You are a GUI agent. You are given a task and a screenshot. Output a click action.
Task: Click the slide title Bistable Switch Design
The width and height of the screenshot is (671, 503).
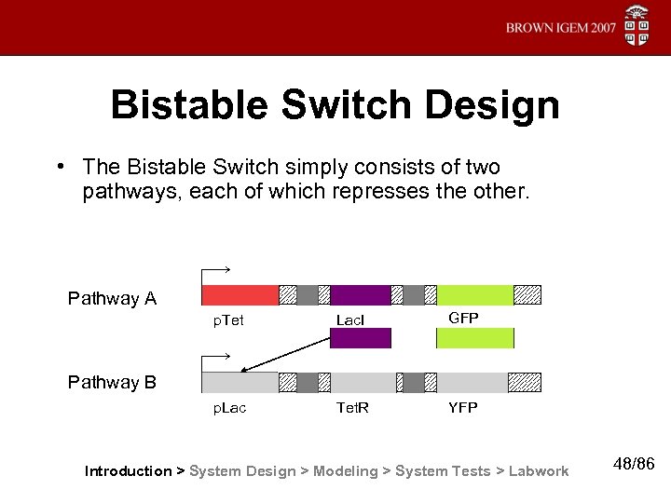click(x=335, y=105)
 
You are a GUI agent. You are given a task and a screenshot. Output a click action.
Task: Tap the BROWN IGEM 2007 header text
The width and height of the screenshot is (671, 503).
click(x=560, y=28)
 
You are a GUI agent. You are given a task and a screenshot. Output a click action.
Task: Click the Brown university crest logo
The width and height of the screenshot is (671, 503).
click(x=637, y=26)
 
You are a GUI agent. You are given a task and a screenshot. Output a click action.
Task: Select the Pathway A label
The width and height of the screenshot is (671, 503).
click(x=112, y=299)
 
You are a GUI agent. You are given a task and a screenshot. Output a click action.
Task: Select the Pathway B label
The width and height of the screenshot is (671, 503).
click(x=112, y=383)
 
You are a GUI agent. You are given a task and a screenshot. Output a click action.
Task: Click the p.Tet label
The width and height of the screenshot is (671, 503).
click(x=228, y=319)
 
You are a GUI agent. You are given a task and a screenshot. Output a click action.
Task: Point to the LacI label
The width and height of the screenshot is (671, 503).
click(x=350, y=320)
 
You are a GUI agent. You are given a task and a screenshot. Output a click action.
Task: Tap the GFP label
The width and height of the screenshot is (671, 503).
click(x=463, y=319)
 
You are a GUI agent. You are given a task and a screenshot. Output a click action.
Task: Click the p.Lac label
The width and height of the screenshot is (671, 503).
click(x=229, y=408)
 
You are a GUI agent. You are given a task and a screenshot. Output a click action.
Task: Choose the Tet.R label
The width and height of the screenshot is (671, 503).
click(x=351, y=408)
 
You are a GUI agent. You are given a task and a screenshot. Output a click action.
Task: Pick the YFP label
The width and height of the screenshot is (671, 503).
click(x=462, y=408)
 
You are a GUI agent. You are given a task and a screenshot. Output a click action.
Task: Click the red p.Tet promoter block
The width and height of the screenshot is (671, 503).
click(x=240, y=295)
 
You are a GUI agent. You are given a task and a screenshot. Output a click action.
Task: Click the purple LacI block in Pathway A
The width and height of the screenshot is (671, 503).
click(x=360, y=295)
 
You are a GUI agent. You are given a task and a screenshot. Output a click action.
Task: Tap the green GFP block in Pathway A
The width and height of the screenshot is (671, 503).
click(x=474, y=295)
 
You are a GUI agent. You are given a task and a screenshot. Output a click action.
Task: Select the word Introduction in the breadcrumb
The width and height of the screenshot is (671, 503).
click(x=128, y=471)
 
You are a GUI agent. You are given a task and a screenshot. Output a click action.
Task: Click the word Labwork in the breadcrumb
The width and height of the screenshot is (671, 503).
click(x=540, y=471)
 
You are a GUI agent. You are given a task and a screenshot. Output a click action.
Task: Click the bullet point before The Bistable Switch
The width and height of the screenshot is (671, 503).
click(x=59, y=167)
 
